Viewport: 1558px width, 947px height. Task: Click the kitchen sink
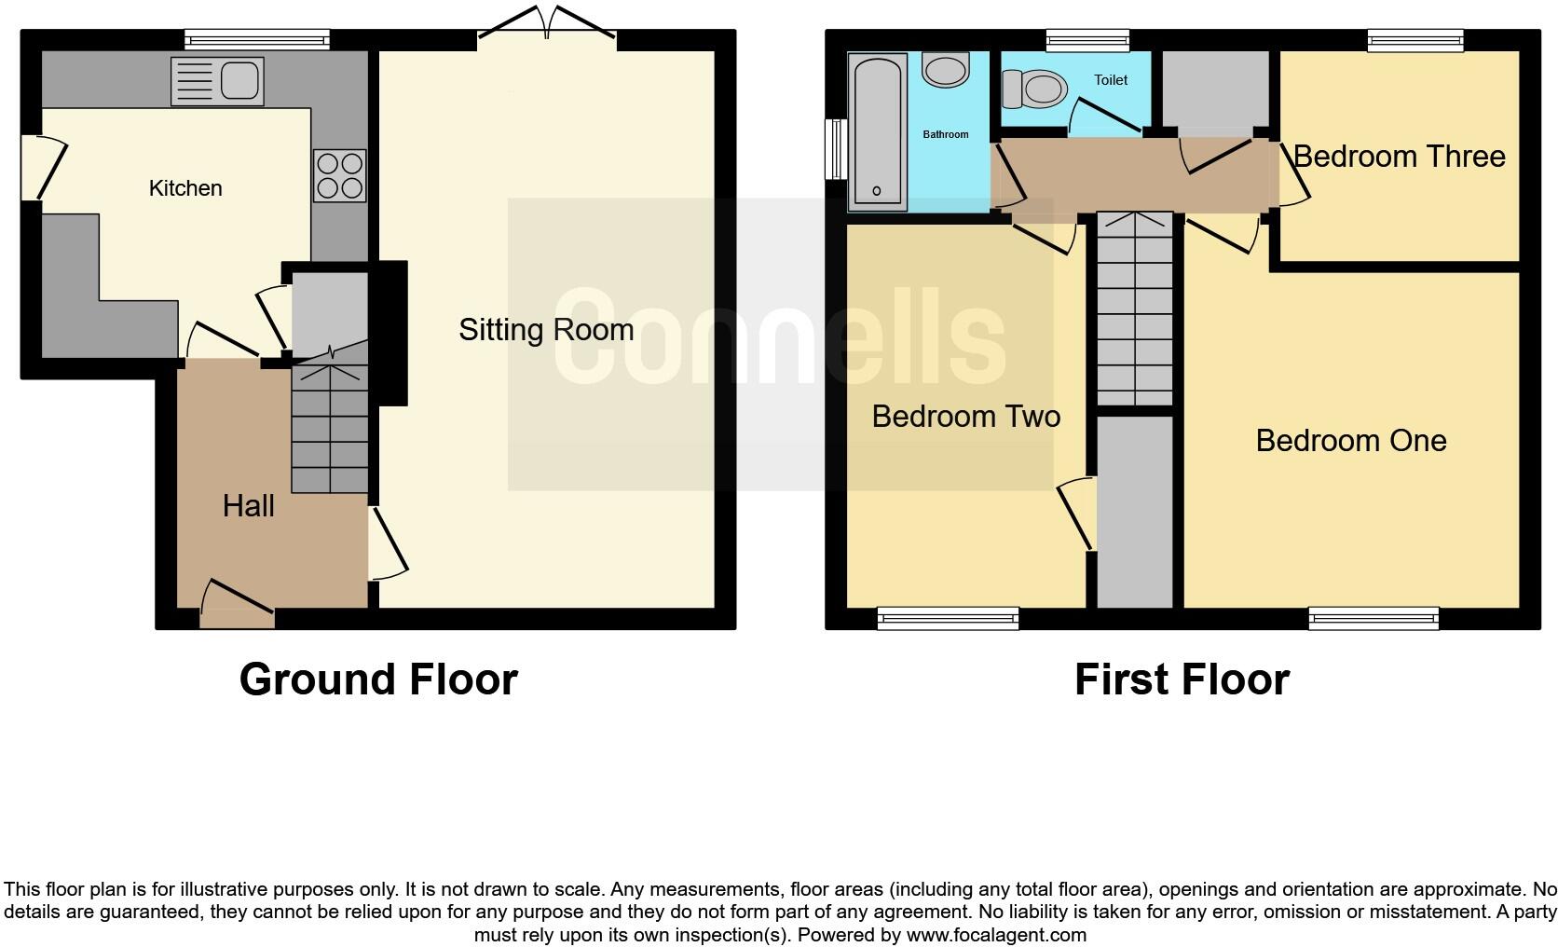pos(217,80)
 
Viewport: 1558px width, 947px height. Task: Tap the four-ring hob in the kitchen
pos(339,175)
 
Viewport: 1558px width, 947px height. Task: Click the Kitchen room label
pos(185,188)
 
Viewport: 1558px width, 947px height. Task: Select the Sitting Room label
pos(546,330)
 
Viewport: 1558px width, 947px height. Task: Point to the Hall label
pos(248,506)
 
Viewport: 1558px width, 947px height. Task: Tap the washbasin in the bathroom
pos(946,69)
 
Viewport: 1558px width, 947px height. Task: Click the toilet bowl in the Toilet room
pos(1035,89)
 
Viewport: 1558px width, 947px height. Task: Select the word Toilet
pos(1111,80)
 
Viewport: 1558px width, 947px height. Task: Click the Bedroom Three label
pos(1399,157)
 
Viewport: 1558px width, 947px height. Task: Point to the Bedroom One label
pos(1350,441)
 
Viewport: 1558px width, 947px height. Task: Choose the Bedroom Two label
pos(965,417)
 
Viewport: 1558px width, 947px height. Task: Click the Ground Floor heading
pos(378,679)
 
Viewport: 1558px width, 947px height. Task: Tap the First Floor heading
pos(1182,679)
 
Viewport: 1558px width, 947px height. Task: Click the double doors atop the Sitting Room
pos(547,23)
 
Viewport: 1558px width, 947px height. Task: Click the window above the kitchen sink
pos(257,39)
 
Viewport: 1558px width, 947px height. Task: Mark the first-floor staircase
pos(1134,308)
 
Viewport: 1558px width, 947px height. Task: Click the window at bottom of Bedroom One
pos(1373,617)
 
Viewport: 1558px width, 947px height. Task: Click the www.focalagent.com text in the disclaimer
pos(995,935)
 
